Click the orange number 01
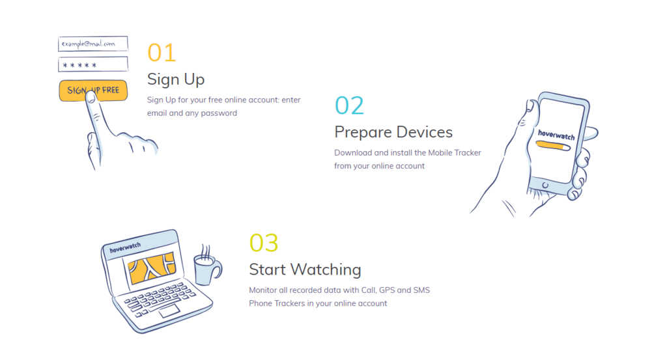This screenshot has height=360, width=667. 162,53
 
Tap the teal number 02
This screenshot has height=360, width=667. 349,105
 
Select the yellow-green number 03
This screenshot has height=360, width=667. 264,243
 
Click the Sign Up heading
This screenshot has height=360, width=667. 176,79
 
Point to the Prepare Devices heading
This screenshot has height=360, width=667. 393,132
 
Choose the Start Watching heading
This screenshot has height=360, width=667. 305,270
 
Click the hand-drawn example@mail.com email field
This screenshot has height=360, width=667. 93,44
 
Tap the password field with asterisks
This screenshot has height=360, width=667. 93,64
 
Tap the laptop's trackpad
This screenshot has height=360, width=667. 169,311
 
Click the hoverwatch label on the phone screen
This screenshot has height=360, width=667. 556,135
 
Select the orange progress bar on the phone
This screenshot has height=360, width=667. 553,146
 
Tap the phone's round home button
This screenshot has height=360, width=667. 545,186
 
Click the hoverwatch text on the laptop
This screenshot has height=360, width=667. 125,247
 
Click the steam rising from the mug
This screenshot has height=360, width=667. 205,251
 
